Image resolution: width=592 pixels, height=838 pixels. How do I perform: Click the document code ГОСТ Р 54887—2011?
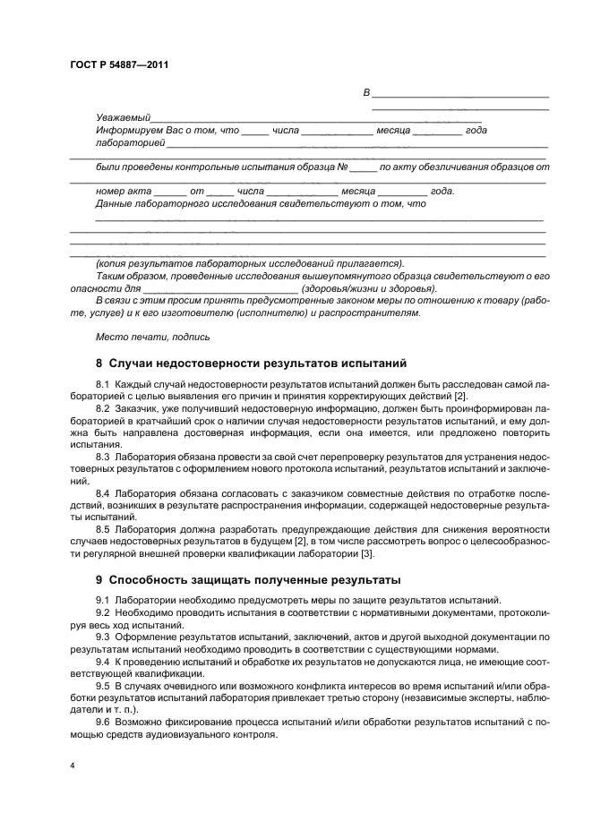(x=119, y=65)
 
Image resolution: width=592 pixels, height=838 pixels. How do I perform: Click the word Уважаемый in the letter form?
(x=123, y=118)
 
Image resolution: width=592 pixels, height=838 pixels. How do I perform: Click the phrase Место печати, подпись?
(x=152, y=338)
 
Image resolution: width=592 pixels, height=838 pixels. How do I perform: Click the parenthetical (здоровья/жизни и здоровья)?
(x=369, y=289)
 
